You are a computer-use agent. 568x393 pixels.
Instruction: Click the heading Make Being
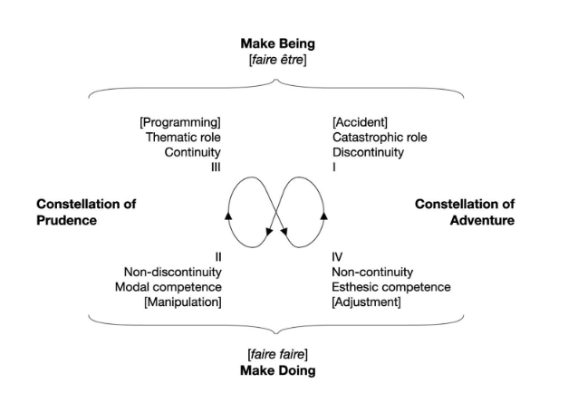coord(277,43)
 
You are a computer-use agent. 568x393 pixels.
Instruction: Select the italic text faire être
coord(277,59)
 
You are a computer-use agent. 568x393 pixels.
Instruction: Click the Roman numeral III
coord(216,167)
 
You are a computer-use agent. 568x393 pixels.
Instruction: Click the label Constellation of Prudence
coord(80,212)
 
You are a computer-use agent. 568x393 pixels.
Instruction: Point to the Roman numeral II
coord(217,256)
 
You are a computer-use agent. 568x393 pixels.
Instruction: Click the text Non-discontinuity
coord(172,272)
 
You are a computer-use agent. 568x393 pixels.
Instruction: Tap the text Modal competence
coord(173,286)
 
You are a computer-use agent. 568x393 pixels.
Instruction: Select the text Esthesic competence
coord(391,286)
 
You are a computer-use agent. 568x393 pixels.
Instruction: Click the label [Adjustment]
coord(367,302)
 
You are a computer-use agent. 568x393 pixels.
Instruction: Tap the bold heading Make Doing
coord(277,370)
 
